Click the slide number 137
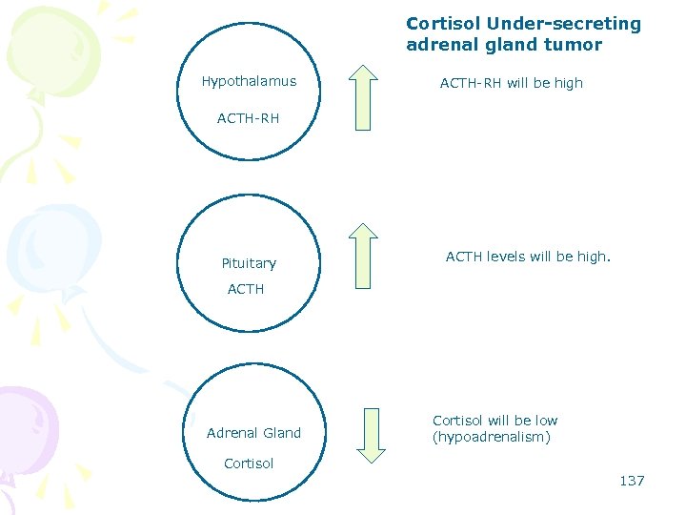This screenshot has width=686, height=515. pyautogui.click(x=632, y=481)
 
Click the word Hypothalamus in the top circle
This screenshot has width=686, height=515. pyautogui.click(x=249, y=82)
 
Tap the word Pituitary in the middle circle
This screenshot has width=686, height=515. pyautogui.click(x=249, y=263)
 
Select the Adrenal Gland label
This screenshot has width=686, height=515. pyautogui.click(x=253, y=433)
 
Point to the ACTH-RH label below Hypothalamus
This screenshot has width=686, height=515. pyautogui.click(x=248, y=119)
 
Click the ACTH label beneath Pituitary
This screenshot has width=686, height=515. pyautogui.click(x=246, y=289)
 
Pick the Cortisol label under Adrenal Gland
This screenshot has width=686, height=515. pyautogui.click(x=249, y=463)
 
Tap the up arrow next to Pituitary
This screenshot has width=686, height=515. pyautogui.click(x=362, y=255)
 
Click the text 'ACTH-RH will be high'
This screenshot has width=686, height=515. pyautogui.click(x=511, y=83)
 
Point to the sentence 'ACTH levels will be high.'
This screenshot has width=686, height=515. pyautogui.click(x=528, y=257)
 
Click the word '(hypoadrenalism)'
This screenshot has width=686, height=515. pyautogui.click(x=492, y=438)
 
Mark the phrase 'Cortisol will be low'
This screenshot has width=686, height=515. pyautogui.click(x=494, y=421)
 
